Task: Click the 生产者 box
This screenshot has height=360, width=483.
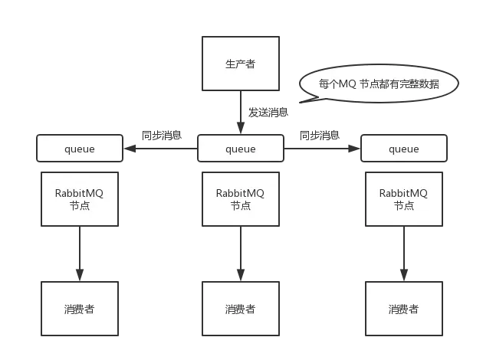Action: pos(240,64)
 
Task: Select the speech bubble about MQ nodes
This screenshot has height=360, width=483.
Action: pos(379,83)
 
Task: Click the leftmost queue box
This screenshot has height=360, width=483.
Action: pos(79,149)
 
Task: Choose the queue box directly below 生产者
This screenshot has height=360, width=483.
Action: pos(240,149)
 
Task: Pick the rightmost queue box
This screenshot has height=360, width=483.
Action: pos(403,149)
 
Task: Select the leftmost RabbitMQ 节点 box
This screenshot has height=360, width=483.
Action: pos(80,198)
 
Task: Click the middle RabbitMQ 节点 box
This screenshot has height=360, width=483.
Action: pos(240,198)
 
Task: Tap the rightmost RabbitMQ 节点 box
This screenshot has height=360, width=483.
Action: pos(403,198)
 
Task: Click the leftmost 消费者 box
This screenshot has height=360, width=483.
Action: pos(80,309)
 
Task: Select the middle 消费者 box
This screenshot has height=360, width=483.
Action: pos(240,309)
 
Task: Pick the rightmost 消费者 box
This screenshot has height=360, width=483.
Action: pos(403,309)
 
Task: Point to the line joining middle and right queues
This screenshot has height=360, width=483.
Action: pos(321,149)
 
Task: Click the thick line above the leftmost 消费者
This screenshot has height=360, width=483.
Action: pos(80,254)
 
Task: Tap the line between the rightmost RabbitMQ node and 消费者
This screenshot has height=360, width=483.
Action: pos(403,254)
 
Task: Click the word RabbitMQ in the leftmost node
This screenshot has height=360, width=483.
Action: pos(80,193)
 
